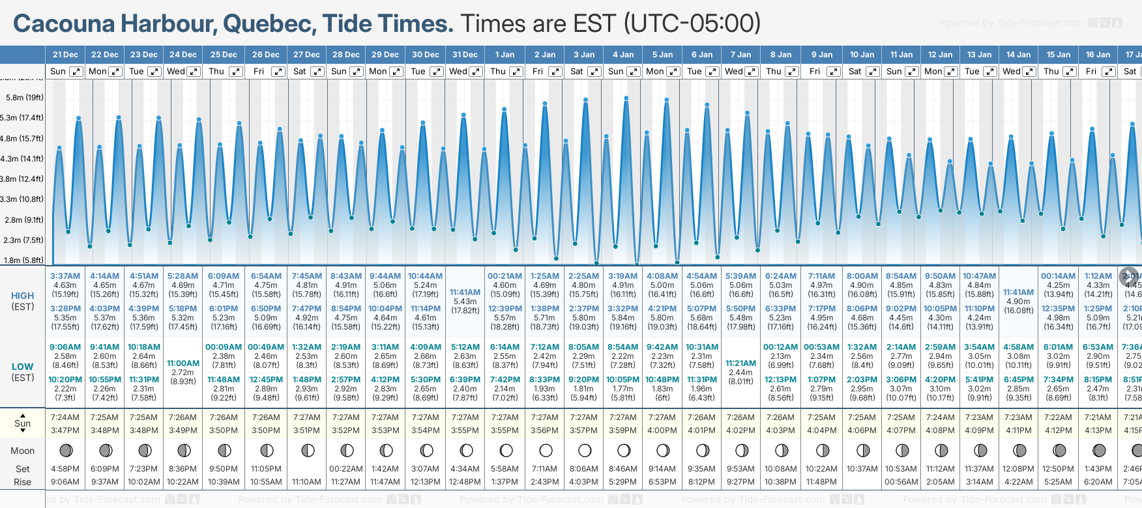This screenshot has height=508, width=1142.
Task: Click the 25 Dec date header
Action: [224, 55]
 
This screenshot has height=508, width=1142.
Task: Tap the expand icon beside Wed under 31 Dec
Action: [476, 72]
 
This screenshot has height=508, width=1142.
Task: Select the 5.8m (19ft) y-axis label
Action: [25, 98]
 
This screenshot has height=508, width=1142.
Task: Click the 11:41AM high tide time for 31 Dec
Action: [465, 292]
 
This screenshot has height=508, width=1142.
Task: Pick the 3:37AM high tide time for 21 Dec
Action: [65, 276]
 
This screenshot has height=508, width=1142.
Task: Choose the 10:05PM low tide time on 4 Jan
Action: [622, 380]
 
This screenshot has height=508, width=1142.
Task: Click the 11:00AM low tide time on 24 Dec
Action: [183, 363]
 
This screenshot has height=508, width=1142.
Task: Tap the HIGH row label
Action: [23, 296]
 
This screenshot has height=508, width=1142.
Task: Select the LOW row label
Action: [23, 367]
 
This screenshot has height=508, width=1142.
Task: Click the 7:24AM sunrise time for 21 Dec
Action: [65, 417]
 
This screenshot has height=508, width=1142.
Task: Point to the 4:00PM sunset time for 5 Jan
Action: [662, 430]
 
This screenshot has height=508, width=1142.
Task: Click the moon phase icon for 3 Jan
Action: [585, 450]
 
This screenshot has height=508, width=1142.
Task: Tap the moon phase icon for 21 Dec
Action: [66, 450]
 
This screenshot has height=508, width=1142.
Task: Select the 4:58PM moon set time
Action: [65, 469]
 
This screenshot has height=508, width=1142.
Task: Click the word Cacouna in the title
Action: [64, 23]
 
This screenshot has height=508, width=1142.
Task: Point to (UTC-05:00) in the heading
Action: [692, 23]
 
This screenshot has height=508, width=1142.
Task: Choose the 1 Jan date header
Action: [505, 55]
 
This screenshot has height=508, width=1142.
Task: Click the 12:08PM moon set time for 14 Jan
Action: [1018, 469]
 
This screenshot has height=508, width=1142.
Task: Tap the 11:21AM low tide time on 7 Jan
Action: [740, 363]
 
